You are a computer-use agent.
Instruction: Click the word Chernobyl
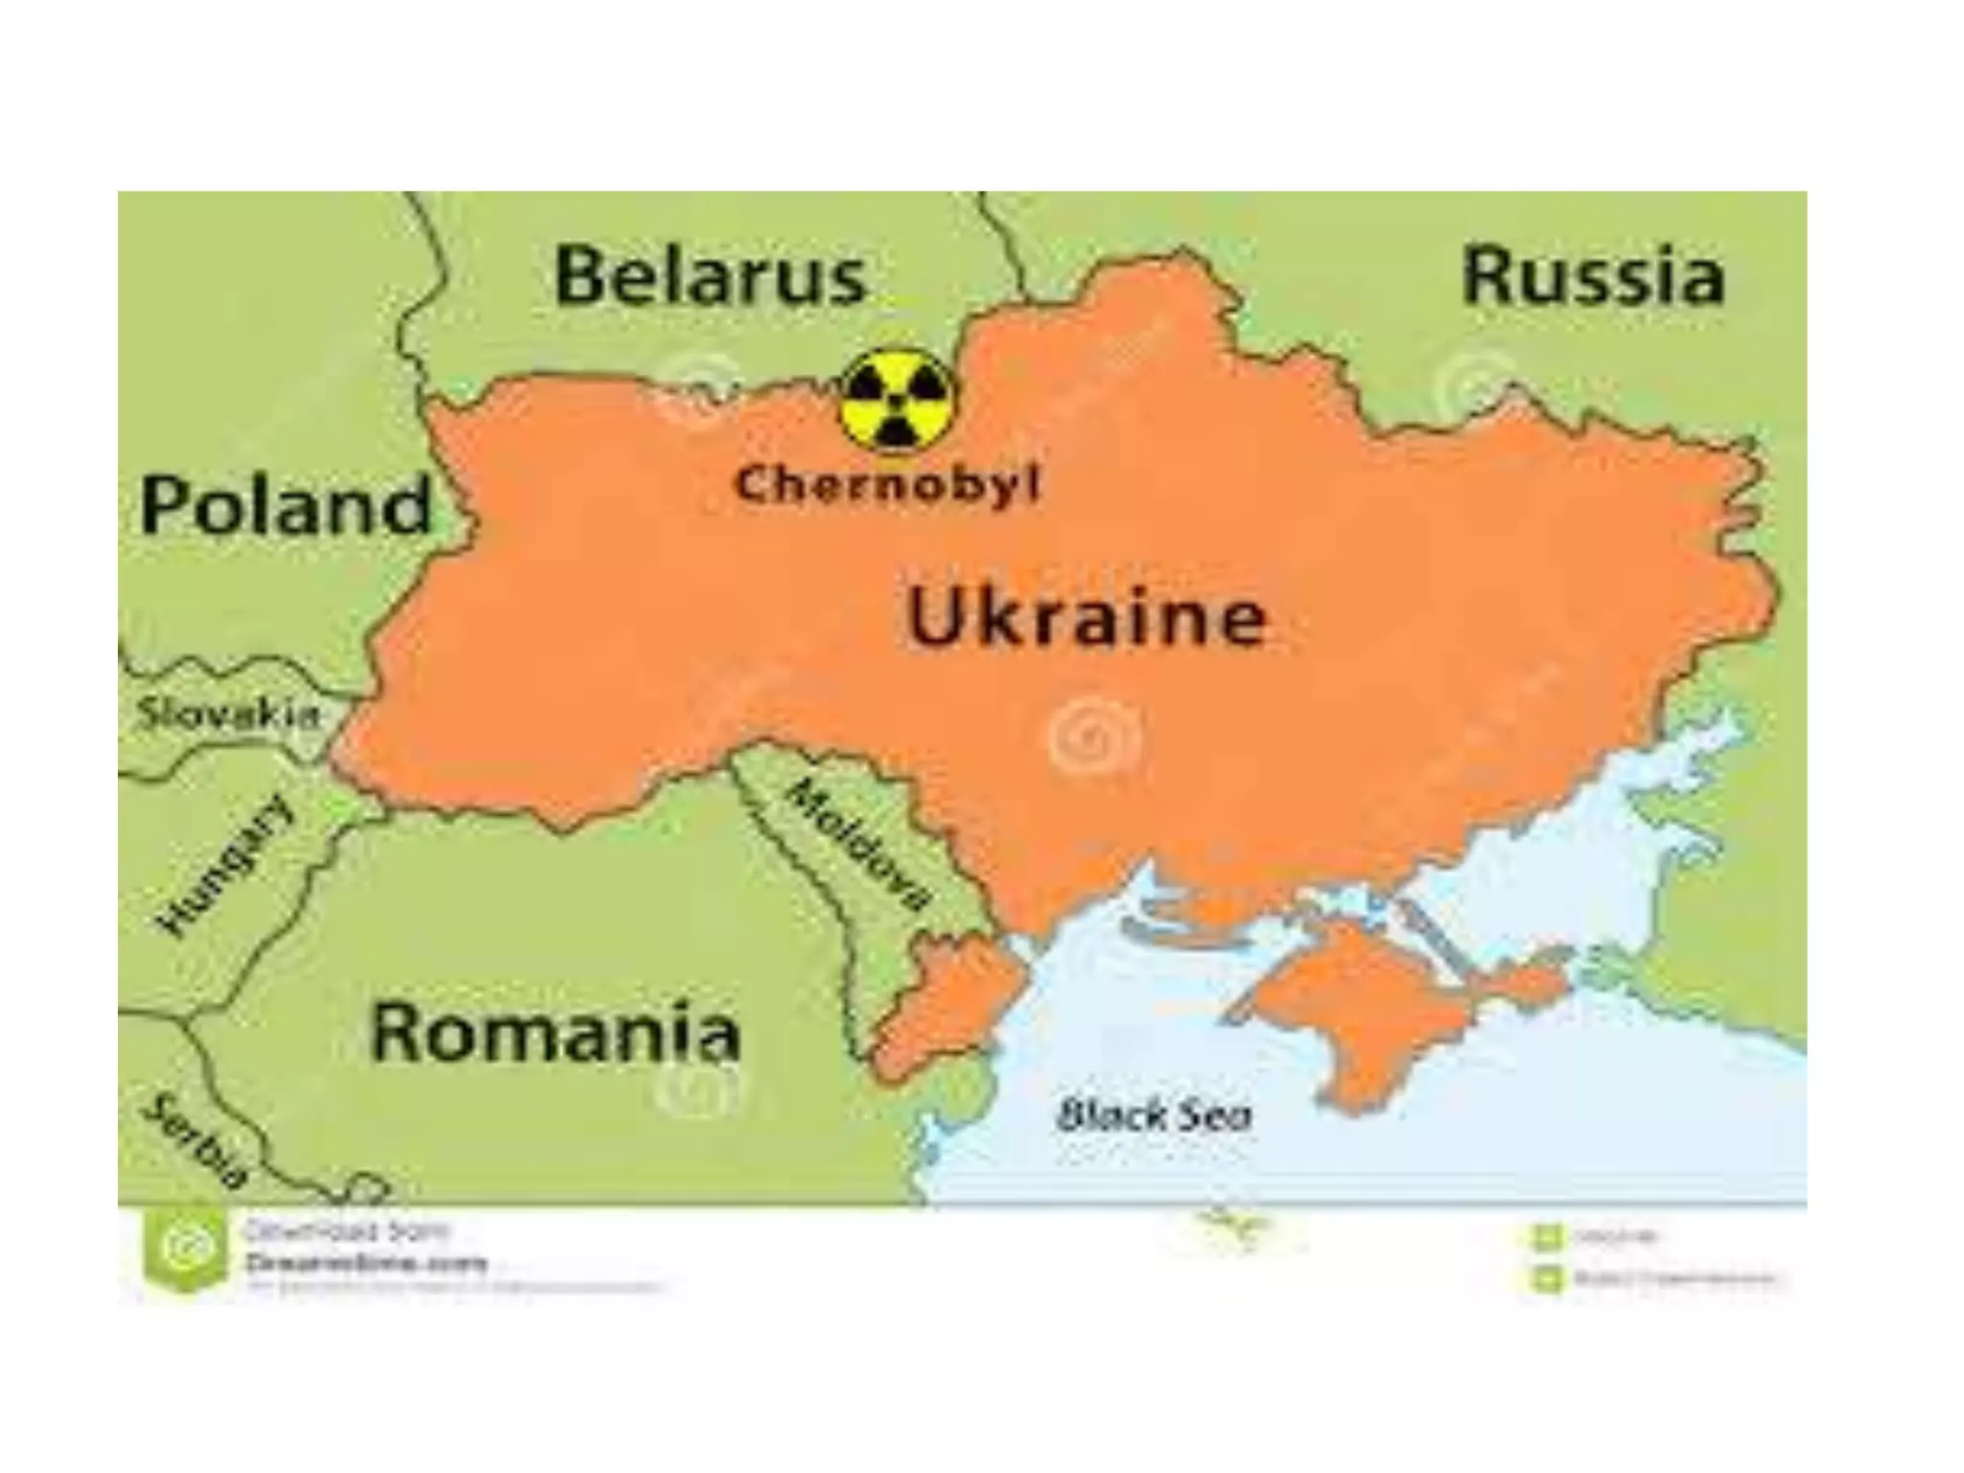pos(886,484)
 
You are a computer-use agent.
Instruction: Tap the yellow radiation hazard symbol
pos(896,400)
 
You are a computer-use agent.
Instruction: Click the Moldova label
pos(858,844)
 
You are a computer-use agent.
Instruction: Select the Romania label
pos(554,1032)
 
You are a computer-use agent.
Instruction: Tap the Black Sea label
pos(1154,1115)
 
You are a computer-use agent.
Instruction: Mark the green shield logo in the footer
pos(179,1250)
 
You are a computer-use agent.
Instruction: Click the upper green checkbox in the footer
pos(1545,1237)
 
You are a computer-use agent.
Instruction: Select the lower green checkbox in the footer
pos(1545,1277)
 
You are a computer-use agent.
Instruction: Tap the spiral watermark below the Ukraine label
pos(1094,737)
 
